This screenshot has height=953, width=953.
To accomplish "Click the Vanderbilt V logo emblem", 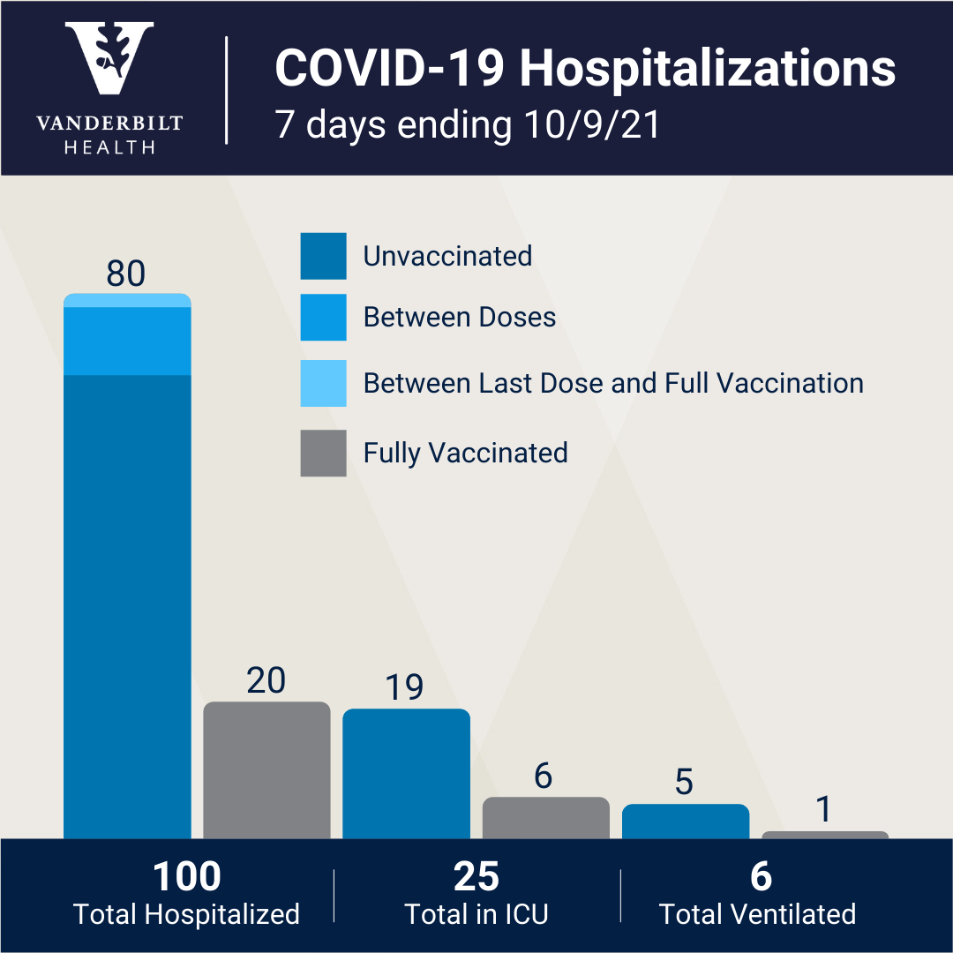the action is [109, 57].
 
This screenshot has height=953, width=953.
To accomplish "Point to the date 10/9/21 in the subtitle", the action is [592, 124].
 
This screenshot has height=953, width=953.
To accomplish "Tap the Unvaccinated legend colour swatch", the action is [323, 256].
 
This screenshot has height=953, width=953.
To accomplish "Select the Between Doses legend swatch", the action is [323, 318].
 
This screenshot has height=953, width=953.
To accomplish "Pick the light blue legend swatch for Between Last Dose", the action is [323, 383].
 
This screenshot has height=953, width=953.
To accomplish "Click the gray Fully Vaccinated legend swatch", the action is [323, 453].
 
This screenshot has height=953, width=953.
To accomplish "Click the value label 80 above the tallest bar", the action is [126, 274].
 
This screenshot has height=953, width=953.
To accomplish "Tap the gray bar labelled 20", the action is [266, 770].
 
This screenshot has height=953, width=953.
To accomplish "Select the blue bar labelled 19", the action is [406, 774].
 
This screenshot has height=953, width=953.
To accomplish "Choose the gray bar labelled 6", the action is [546, 817].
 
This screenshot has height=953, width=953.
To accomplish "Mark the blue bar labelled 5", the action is [686, 822].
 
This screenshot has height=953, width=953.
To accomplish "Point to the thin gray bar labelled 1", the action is [825, 835].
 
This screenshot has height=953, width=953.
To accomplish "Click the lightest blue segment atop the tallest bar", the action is [127, 300].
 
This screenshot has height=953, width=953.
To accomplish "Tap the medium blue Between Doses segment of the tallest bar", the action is [127, 341].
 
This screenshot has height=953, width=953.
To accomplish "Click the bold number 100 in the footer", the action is [186, 876].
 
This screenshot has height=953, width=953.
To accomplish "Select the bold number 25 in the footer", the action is [476, 876].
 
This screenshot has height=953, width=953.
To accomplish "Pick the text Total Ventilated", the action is [757, 914].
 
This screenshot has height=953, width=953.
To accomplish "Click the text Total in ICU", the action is [476, 914].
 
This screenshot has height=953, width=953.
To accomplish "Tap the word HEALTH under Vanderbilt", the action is [109, 147].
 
